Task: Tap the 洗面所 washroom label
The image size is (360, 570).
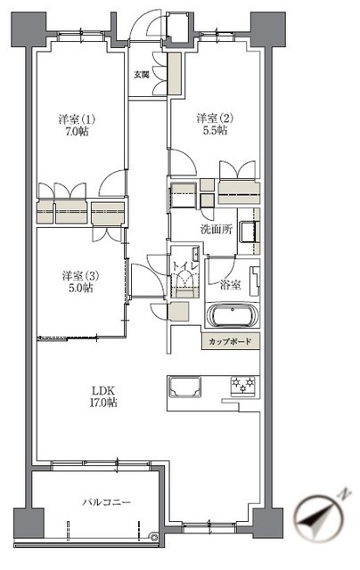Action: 216,229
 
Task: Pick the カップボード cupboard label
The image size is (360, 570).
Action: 230,341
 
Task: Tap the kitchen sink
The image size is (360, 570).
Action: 184,386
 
